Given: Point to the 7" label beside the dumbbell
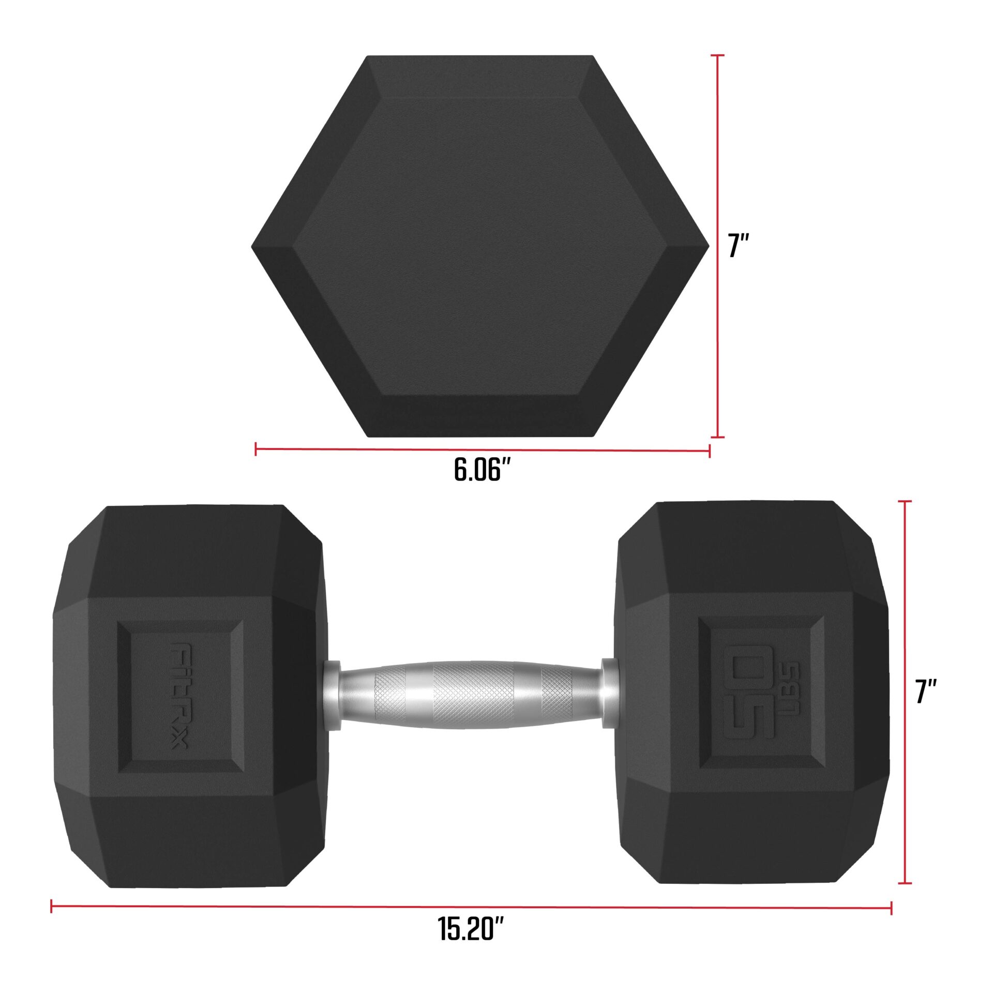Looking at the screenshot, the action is click(926, 692).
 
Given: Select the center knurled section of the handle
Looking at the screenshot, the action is click(473, 695).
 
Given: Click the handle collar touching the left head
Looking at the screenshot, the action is click(331, 695).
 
